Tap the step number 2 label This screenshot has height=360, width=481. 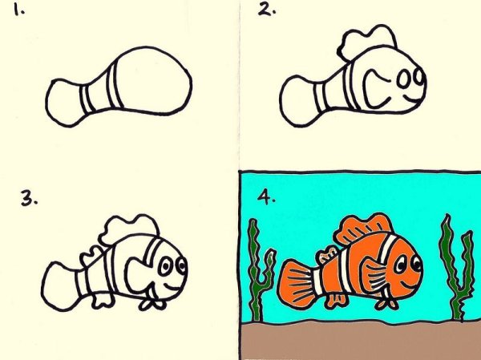pos(265,10)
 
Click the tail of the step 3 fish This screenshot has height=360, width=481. pos(59,285)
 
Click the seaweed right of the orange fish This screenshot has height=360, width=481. pos(454,265)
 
